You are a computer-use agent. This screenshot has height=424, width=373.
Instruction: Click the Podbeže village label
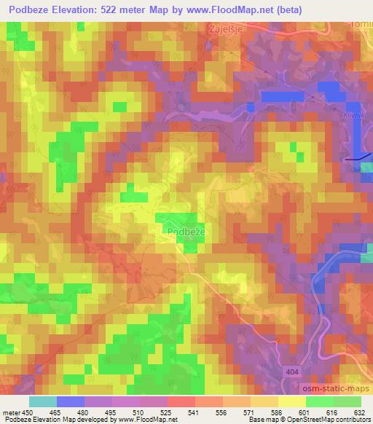point(179,232)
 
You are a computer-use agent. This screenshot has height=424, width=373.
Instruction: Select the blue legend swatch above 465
point(70,401)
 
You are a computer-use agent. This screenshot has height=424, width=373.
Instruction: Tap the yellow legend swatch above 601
point(291,401)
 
